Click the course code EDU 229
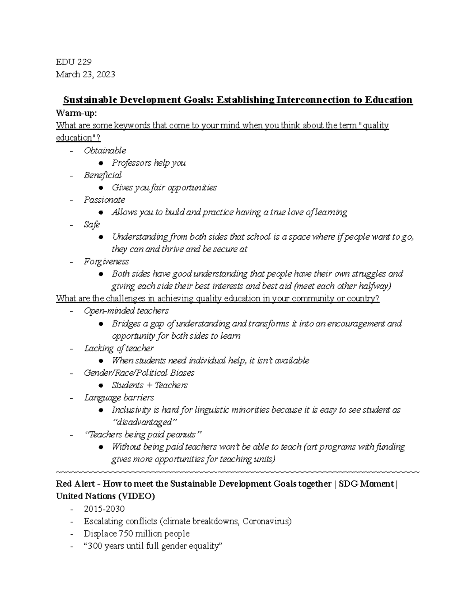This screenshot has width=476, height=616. (x=74, y=62)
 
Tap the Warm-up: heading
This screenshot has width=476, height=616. (x=76, y=113)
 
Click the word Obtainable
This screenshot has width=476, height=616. (x=105, y=151)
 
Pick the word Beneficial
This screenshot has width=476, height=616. (x=102, y=175)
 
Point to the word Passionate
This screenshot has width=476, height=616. (x=104, y=200)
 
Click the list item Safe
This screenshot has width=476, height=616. (x=92, y=225)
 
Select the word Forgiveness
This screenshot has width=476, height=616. (x=106, y=262)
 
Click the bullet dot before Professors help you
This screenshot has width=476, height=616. (x=102, y=163)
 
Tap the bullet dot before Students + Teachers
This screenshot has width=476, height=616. (x=102, y=386)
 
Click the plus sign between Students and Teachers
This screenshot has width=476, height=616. (x=150, y=386)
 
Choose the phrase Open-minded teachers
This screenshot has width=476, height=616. (x=126, y=311)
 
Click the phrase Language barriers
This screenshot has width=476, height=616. (x=119, y=398)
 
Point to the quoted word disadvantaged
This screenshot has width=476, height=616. (x=144, y=422)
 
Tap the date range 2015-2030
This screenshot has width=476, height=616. (x=104, y=509)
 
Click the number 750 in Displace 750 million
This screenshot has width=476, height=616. (x=127, y=533)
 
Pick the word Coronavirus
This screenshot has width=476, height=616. (x=266, y=521)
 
